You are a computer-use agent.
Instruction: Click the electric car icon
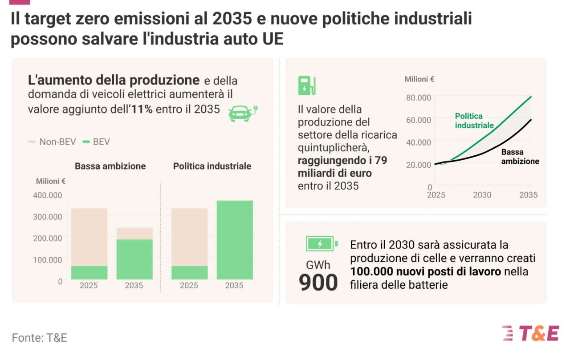(x=243, y=113)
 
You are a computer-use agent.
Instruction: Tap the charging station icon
(x=306, y=85)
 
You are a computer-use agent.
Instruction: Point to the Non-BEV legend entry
(x=52, y=142)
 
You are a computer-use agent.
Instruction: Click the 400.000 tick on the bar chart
(x=48, y=195)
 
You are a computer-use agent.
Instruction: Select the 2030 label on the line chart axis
(x=482, y=195)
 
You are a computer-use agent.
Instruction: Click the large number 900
(x=318, y=283)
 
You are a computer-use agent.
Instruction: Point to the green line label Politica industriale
(x=474, y=121)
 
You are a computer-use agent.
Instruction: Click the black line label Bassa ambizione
(x=520, y=157)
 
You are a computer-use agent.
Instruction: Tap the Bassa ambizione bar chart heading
(x=110, y=166)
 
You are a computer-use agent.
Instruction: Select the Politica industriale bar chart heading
(x=212, y=166)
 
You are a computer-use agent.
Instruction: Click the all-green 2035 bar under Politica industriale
(x=235, y=240)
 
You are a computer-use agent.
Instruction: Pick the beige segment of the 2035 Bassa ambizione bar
(x=134, y=234)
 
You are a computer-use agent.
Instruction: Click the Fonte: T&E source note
(x=39, y=338)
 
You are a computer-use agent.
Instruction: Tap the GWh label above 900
(x=318, y=265)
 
